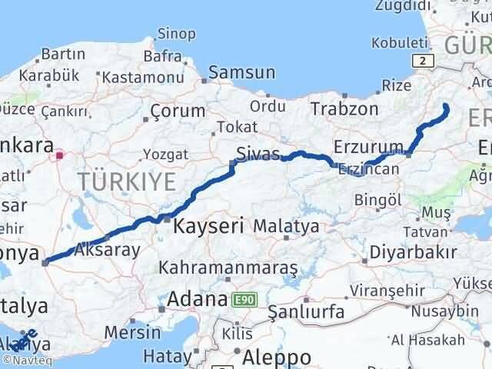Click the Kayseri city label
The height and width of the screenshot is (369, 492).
[x=208, y=227]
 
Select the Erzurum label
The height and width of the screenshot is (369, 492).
[x=369, y=146]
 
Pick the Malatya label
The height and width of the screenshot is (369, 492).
[x=285, y=227]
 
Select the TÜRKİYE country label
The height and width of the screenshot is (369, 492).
[x=127, y=181]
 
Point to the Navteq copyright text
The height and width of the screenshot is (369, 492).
[x=24, y=359]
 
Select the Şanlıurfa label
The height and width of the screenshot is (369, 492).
[x=306, y=311]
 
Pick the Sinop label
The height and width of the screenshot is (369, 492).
[x=176, y=33]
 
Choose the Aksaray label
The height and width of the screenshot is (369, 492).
[x=108, y=250]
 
